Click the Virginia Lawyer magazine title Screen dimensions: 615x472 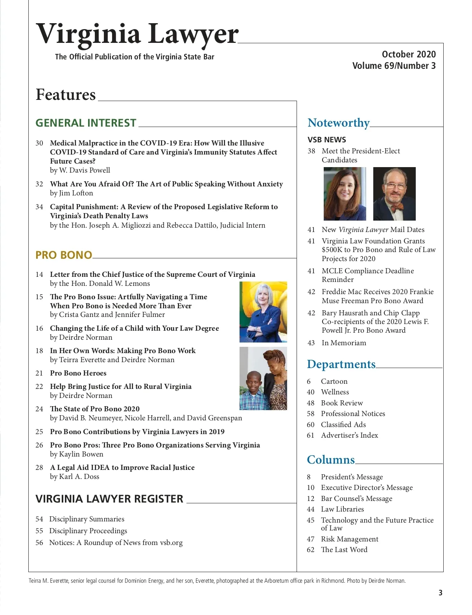pos(137,34)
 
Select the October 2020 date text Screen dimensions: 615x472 pos(409,54)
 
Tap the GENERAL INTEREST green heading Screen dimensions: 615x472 pos(86,123)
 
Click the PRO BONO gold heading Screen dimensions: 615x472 pos(64,255)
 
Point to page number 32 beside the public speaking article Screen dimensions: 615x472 pos(39,184)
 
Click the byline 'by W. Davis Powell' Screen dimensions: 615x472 pos(80,170)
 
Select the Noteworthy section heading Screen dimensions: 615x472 pos(338,123)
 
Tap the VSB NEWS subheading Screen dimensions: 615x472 pos(326,140)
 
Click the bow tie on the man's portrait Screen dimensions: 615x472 pos(395,206)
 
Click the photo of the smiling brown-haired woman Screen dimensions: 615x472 pos(345,193)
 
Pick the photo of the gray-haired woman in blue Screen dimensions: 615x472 pos(263,311)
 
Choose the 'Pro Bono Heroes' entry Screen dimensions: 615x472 pos(78,373)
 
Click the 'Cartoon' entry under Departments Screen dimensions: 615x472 pos(334,381)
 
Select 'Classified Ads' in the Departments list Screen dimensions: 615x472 pos(343,425)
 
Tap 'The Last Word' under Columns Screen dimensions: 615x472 pos(344,550)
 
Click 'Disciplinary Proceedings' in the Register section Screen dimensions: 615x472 pos(88,531)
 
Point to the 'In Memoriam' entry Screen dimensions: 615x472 pos(343,343)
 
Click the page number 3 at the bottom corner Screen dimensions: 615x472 pos(441,593)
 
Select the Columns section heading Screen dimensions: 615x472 pos(330,460)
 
